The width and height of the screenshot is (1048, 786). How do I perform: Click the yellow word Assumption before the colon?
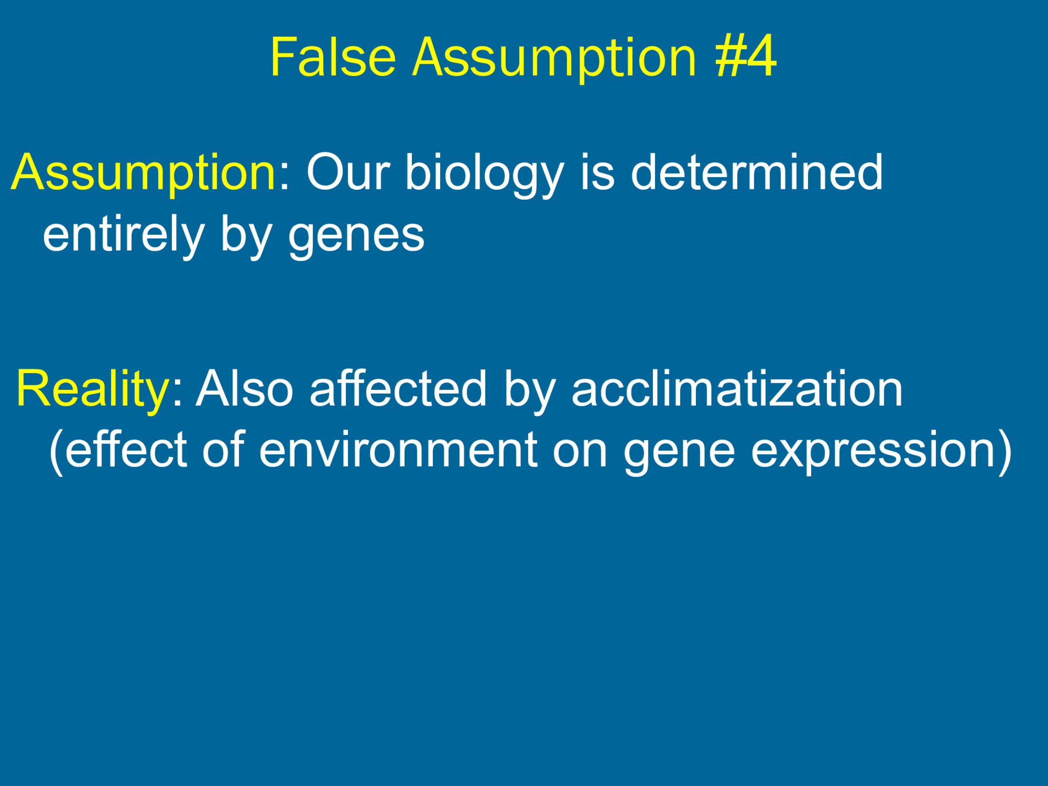tap(144, 173)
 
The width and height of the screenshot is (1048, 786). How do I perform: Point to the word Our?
tap(348, 173)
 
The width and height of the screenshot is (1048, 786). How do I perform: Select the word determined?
tap(756, 173)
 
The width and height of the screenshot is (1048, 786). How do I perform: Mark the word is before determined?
tap(597, 173)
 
